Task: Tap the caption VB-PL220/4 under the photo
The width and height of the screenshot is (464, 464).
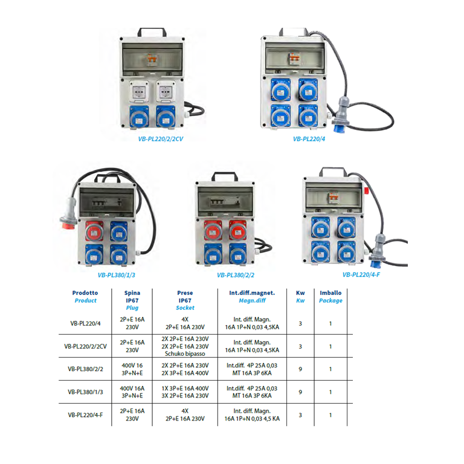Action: (x=309, y=138)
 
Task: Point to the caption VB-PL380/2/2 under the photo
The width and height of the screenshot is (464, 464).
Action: (x=236, y=275)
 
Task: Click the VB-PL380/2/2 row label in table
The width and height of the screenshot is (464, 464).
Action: (x=85, y=369)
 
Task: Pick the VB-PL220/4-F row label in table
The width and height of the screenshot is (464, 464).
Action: (x=85, y=415)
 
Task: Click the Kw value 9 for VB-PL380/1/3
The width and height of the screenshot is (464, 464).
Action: (x=300, y=392)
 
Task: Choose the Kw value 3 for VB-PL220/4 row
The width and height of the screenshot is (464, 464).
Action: (x=300, y=323)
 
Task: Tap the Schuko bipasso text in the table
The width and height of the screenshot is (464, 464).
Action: (x=185, y=354)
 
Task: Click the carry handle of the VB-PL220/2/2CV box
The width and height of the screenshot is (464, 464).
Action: (x=152, y=31)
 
